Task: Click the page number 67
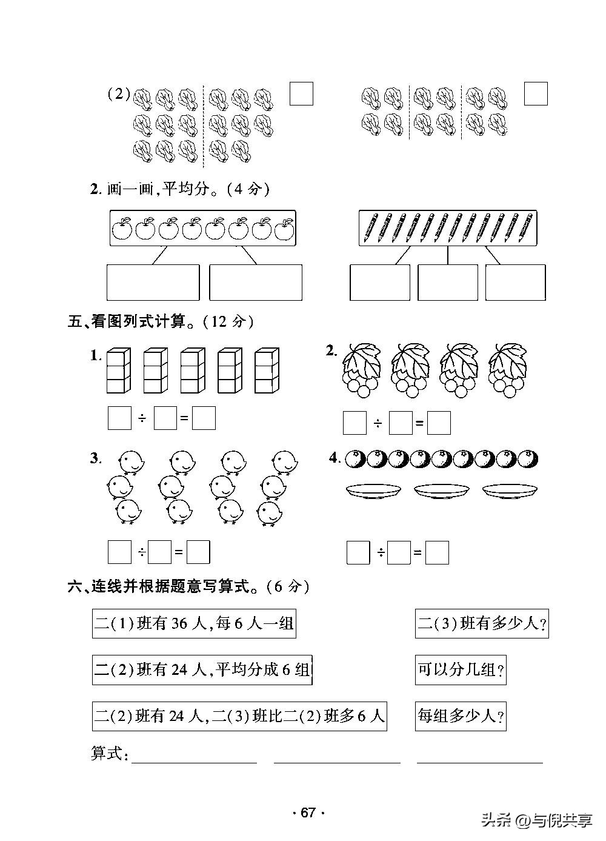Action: (x=308, y=813)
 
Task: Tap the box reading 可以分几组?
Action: (x=461, y=670)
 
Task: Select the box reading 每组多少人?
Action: (x=461, y=716)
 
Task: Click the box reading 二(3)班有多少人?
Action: (x=482, y=624)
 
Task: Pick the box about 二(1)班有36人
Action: (x=194, y=624)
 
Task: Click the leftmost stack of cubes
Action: (x=119, y=370)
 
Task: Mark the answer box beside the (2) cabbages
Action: (x=301, y=94)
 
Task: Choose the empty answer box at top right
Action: (x=535, y=94)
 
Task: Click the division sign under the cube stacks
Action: (x=142, y=418)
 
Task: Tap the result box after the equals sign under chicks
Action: (x=198, y=552)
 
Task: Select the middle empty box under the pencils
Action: (x=448, y=283)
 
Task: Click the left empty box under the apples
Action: (x=153, y=283)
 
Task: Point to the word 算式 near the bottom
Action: (x=108, y=754)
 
